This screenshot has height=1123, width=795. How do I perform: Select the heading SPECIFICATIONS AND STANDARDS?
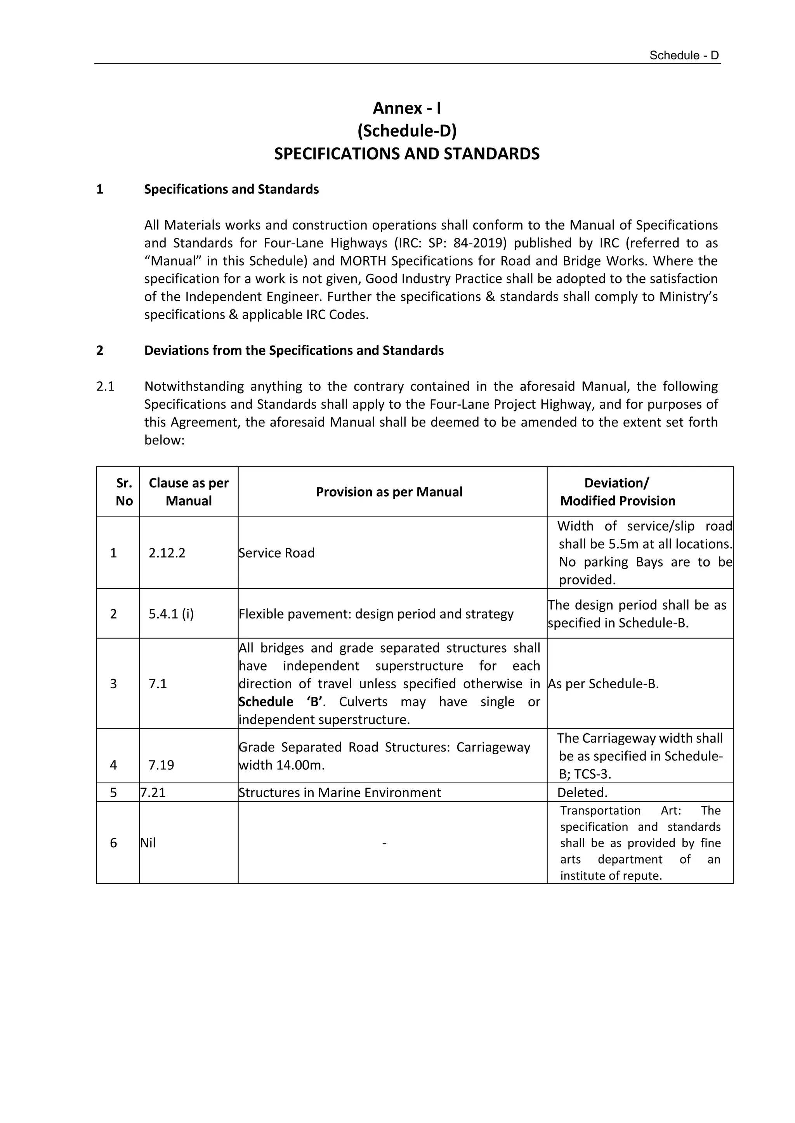406,154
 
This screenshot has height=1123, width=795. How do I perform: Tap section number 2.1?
105,386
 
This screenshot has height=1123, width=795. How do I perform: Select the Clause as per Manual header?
189,492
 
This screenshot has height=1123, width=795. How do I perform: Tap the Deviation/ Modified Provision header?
617,492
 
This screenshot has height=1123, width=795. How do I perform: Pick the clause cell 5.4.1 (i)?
171,614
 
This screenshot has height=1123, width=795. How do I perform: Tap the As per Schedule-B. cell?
603,684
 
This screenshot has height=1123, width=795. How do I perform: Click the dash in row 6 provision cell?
384,843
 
